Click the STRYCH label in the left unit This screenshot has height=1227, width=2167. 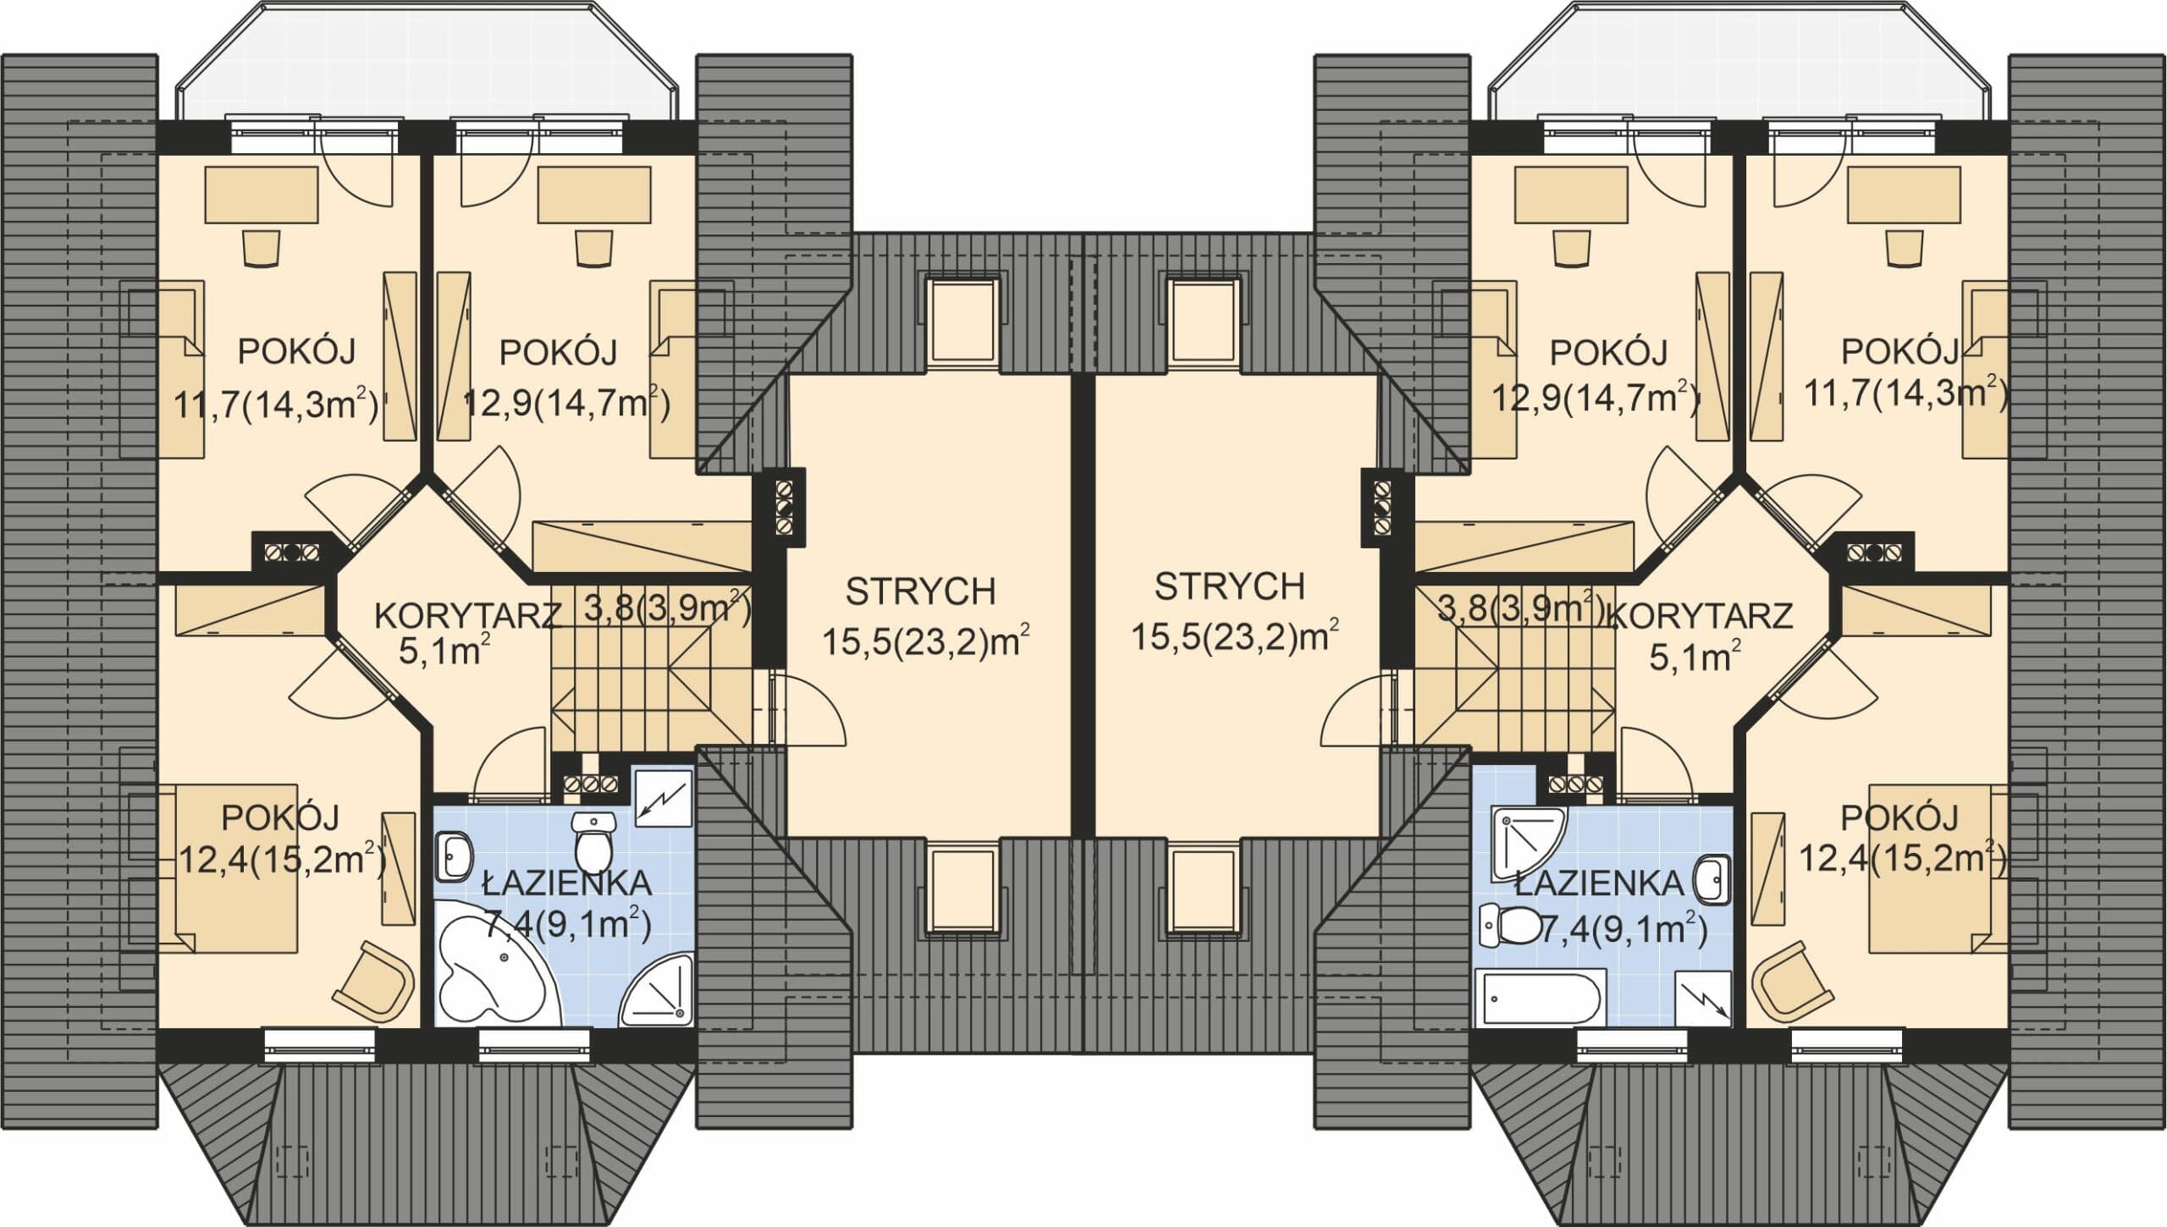(x=920, y=591)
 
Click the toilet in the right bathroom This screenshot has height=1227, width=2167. (x=1508, y=925)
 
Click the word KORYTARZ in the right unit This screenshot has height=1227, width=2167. (x=1699, y=616)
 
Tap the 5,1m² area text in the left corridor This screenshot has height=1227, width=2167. (x=446, y=652)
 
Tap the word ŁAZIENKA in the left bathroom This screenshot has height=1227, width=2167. (x=566, y=883)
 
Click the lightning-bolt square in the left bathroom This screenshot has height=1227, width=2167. (x=664, y=798)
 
